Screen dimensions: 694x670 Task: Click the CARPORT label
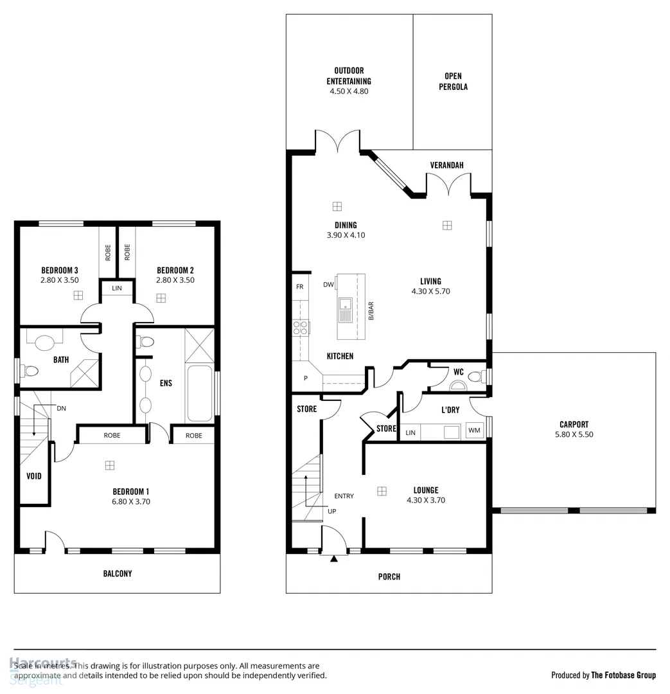click(x=574, y=424)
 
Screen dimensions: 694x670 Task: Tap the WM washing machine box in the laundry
click(x=474, y=431)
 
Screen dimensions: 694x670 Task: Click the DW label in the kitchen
click(x=328, y=284)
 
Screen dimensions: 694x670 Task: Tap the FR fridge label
click(x=299, y=287)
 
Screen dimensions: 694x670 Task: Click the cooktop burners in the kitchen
click(x=300, y=328)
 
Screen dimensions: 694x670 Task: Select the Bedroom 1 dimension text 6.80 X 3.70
click(x=131, y=502)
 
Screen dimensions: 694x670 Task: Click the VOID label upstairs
click(x=34, y=476)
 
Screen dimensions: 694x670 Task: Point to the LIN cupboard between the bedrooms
click(x=117, y=289)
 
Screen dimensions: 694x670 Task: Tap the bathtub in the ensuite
click(x=199, y=394)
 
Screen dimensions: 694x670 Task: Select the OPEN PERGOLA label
click(x=453, y=82)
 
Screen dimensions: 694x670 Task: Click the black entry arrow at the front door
click(x=333, y=559)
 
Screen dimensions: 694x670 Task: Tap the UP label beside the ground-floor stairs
click(x=331, y=512)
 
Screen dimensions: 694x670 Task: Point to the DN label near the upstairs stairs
click(x=61, y=408)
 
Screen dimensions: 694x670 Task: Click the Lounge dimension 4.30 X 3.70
click(x=426, y=500)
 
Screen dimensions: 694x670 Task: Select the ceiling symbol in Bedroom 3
click(x=78, y=296)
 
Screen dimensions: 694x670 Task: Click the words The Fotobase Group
click(x=623, y=675)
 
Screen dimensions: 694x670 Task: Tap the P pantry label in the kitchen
click(x=306, y=378)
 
